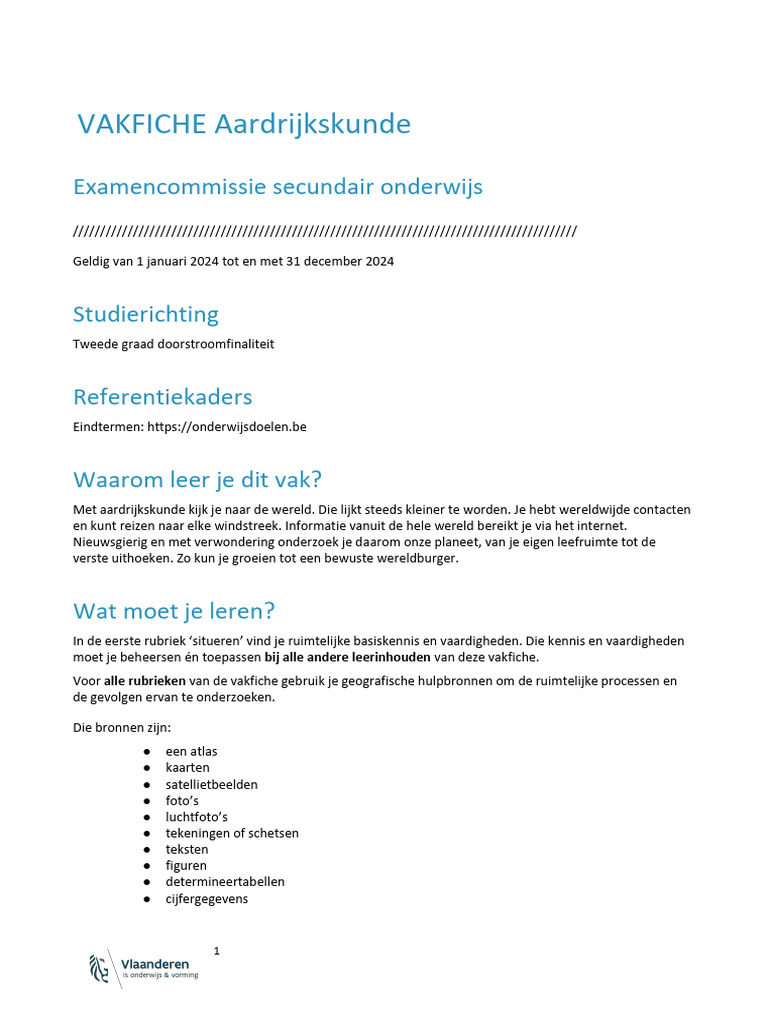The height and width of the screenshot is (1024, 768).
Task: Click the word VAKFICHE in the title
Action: coord(142,124)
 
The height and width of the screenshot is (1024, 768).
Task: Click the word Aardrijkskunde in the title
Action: coord(312,124)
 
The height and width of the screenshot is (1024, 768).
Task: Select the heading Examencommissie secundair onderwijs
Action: coord(278,187)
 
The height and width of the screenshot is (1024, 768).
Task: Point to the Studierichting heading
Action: coord(146,314)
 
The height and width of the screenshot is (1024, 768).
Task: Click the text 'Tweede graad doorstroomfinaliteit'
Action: coord(173,344)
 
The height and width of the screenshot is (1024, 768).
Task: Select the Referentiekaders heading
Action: coord(162,397)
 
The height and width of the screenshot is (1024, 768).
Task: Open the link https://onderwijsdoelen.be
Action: coord(226,427)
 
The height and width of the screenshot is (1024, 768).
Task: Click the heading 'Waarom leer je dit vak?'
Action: coord(198,479)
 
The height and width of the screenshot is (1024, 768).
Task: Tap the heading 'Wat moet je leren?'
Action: coord(174,610)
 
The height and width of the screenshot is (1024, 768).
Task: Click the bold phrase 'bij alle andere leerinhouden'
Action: coord(346,656)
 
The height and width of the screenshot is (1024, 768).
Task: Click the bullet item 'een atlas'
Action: coord(191,751)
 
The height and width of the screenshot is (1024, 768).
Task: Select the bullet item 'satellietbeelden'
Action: coord(211,784)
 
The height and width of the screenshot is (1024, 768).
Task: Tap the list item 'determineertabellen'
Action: coord(225,882)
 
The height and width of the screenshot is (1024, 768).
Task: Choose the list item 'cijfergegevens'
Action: coord(207,899)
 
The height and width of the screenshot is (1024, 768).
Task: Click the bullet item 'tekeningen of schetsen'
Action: coord(232,833)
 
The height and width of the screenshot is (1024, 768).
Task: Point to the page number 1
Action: coord(217,950)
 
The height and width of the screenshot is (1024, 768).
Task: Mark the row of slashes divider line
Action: coord(325,232)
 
